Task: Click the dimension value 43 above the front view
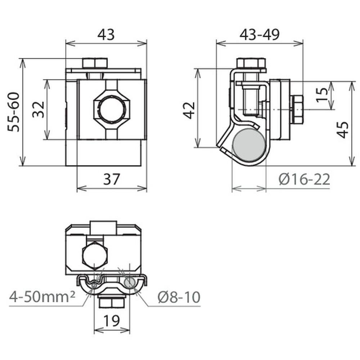[x=106, y=35]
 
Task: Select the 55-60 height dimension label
[x=14, y=112]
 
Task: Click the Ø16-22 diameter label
[x=304, y=179]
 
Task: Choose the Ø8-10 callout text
[x=179, y=297]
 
